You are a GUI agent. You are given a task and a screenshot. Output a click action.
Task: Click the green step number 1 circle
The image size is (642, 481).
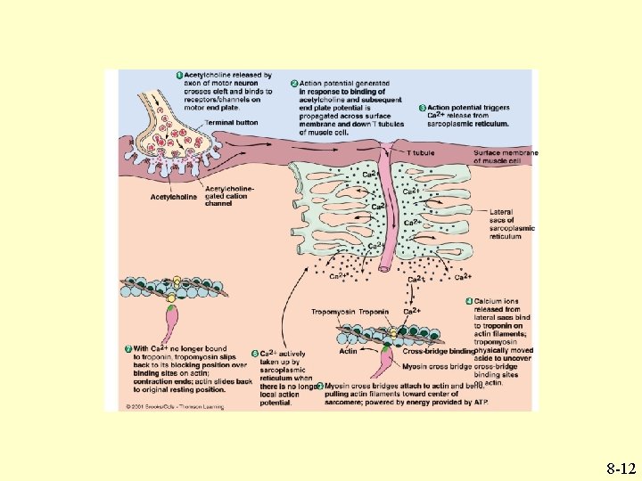[178, 75]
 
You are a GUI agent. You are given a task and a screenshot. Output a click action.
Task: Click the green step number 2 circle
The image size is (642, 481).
[294, 84]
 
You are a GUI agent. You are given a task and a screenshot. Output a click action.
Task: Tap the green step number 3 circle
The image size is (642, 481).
[422, 109]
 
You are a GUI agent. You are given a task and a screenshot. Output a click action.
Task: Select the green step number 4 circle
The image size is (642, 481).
[469, 301]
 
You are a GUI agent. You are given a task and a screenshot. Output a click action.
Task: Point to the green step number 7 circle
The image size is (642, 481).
[128, 348]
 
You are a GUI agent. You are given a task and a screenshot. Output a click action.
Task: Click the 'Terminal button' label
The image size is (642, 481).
[231, 122]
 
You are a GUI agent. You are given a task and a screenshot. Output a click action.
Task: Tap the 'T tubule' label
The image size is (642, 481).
[421, 153]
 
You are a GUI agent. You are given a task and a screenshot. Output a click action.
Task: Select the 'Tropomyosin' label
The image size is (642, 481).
[333, 312]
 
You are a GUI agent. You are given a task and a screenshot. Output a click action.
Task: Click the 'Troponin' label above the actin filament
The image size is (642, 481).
[374, 312]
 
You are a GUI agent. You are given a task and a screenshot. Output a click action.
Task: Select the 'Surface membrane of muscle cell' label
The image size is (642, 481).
[506, 157]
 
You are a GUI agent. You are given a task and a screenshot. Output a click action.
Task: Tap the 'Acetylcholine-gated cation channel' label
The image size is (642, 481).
[230, 195]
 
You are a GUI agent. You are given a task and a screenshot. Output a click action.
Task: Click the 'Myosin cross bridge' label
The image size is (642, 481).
[433, 366]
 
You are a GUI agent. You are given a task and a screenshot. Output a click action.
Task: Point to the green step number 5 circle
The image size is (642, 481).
[256, 355]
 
